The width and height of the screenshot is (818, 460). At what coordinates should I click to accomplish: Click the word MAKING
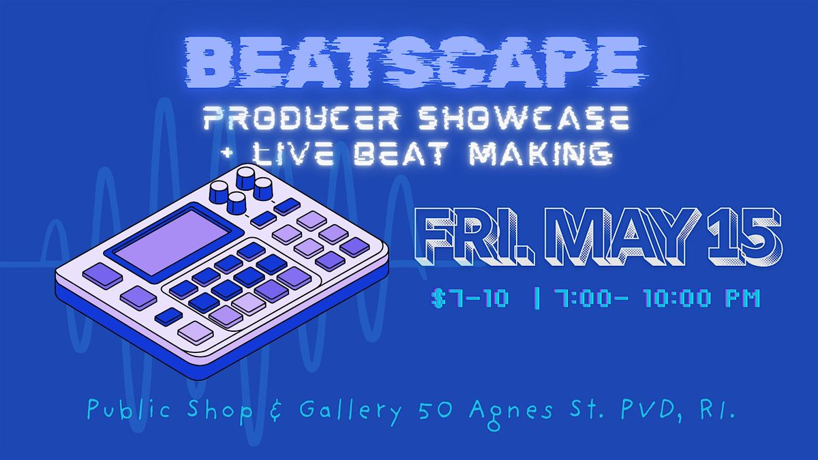click(x=541, y=153)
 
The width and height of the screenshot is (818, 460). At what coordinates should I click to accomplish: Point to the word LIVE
click(x=293, y=153)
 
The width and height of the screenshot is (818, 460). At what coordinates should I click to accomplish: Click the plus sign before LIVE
click(x=229, y=154)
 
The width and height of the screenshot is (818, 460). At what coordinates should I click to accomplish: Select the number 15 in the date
click(x=745, y=236)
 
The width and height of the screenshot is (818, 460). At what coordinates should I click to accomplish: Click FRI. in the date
click(x=474, y=236)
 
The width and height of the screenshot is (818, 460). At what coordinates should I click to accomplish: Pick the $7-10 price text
click(x=470, y=298)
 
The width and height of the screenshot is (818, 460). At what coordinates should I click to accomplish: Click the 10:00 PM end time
click(x=702, y=298)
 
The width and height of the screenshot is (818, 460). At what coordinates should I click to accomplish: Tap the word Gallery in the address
click(x=350, y=411)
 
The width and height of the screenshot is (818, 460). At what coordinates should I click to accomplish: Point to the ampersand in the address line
click(x=277, y=410)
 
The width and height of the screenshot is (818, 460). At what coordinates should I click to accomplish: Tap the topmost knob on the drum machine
click(x=246, y=178)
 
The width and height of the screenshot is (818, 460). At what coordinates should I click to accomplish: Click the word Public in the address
click(x=129, y=410)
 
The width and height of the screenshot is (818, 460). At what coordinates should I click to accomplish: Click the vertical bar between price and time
click(x=537, y=298)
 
